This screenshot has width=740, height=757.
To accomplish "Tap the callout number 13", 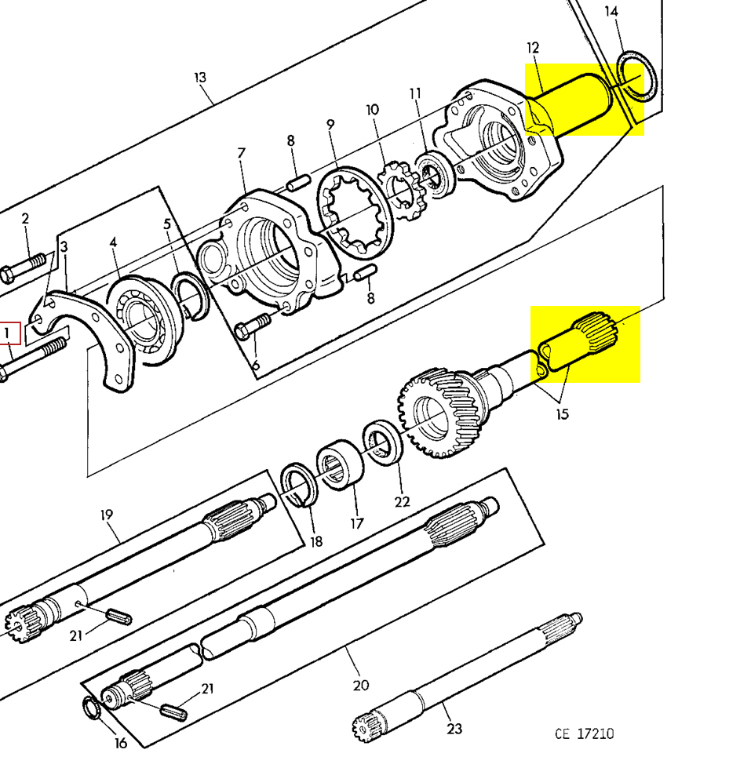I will pyautogui.click(x=200, y=78).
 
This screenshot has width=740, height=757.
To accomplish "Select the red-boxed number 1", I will pyautogui.click(x=9, y=334).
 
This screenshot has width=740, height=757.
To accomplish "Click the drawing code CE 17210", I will pyautogui.click(x=584, y=733).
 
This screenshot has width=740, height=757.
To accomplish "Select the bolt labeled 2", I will pyautogui.click(x=24, y=267).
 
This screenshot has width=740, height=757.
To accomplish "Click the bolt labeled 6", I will pyautogui.click(x=255, y=324).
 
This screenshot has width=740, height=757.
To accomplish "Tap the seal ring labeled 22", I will pyautogui.click(x=384, y=443).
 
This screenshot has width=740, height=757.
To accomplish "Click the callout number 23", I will pyautogui.click(x=454, y=729).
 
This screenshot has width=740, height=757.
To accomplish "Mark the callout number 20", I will pyautogui.click(x=360, y=685).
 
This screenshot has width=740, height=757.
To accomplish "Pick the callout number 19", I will pyautogui.click(x=107, y=515).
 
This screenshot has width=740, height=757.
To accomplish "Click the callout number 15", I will pyautogui.click(x=561, y=413).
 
